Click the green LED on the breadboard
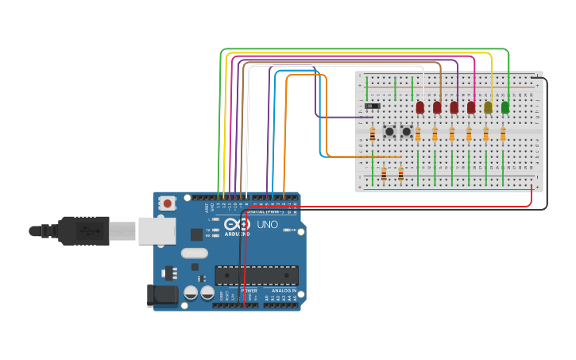pos(505,107)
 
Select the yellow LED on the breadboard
pos(488,107)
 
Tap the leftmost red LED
pos(420,107)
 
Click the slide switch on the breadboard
pos(373,106)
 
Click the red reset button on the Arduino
pos(167,203)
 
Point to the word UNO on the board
pos(268,225)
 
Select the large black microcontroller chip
pos(257,275)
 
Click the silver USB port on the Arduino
pos(157,230)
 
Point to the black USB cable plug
pos(83,230)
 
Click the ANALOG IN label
pos(284,291)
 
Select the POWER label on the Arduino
pos(249,291)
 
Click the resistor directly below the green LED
pos(503,134)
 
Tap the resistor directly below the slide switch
pos(372,135)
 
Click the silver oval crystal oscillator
pos(194,254)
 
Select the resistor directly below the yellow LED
pos(486,134)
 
